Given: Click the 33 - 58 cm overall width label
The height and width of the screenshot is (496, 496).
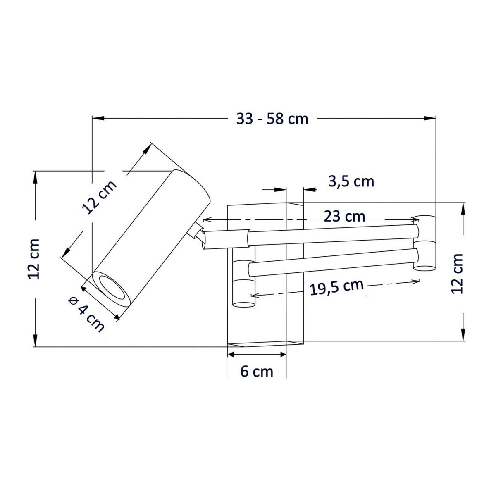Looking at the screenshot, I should pos(272,119).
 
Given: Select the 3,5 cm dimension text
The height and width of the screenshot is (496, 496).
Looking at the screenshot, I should pos(351,181).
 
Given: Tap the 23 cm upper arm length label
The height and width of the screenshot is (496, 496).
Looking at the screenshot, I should pos(344,216).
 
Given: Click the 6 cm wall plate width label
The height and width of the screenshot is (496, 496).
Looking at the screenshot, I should pos(257,372).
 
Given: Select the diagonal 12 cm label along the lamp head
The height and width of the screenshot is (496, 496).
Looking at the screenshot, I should pos(100,197).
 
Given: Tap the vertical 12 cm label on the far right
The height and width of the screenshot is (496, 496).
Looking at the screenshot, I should pos(457,273).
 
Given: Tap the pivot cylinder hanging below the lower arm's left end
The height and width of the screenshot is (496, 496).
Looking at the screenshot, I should pos(244,293).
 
